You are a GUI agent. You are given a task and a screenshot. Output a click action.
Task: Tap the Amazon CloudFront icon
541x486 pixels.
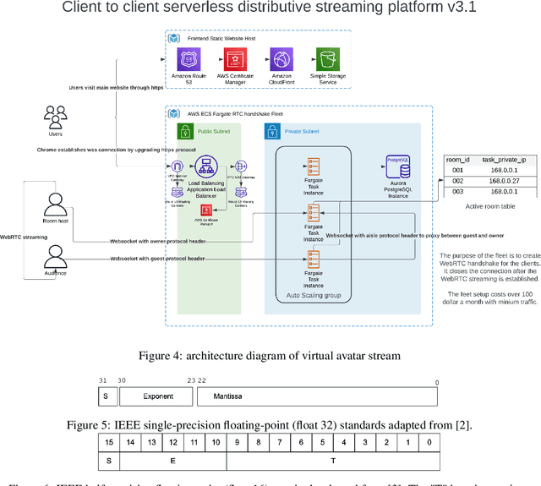coord(281,60)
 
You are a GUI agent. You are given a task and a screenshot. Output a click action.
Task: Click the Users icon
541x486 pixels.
coord(55,117)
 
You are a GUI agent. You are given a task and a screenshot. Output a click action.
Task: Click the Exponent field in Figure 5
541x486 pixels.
coord(157,396)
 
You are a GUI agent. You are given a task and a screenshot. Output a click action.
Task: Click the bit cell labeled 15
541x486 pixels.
coord(109,442)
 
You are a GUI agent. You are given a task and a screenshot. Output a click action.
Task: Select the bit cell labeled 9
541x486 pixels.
coord(238,442)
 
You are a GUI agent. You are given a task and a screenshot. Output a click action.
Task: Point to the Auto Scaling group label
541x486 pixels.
coord(312,296)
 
